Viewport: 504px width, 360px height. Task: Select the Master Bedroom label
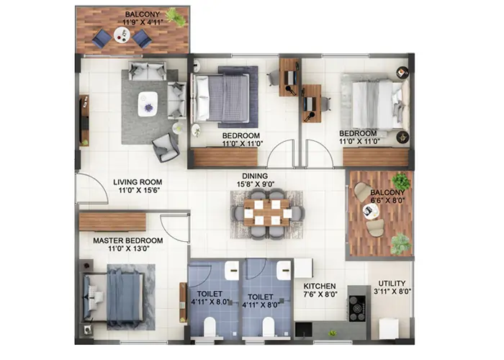(x=127, y=240)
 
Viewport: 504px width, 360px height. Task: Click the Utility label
(x=392, y=284)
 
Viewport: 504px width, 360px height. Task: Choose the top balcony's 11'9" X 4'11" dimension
(x=142, y=23)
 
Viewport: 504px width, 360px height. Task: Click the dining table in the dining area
(x=267, y=212)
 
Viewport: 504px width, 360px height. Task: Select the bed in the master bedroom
(x=116, y=295)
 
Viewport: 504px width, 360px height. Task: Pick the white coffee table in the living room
(x=148, y=103)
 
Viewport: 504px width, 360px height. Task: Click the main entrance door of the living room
(x=89, y=189)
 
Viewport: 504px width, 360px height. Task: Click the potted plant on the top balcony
(x=174, y=16)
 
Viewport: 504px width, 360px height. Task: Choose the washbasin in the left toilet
(x=230, y=271)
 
